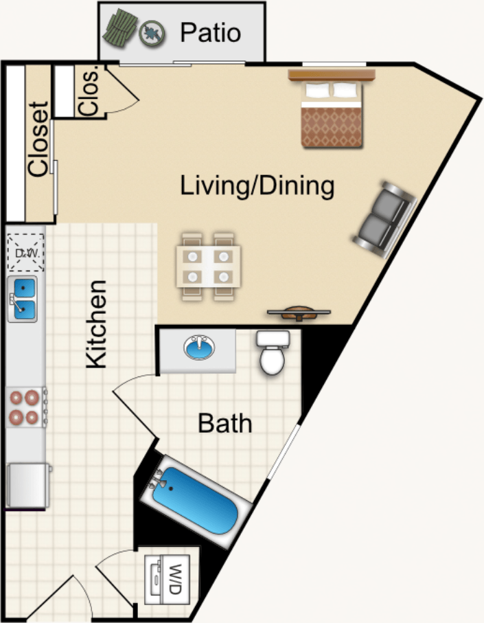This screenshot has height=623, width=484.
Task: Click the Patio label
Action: pos(211,32)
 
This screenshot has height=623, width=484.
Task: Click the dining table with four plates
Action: pos(209,267)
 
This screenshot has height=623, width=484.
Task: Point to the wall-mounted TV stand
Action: pos(299,313)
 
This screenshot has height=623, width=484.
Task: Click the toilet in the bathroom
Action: pos(273,352)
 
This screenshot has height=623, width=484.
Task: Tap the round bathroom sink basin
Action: pos(199,348)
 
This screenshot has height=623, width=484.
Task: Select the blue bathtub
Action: pos(195,501)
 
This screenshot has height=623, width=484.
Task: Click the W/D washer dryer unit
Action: pos(167,580)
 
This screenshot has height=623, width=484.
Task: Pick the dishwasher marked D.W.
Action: pos(26,253)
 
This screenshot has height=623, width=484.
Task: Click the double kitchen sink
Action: pos(23,299)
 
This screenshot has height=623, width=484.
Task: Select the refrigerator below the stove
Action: pos(27,485)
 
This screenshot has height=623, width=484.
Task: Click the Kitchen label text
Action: pos(97,324)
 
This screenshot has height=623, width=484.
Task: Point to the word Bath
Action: pos(224,424)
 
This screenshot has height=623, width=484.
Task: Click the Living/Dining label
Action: pos(257,185)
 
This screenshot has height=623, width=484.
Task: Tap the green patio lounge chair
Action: pos(119,30)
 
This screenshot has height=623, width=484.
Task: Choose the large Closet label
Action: pos(38,139)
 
